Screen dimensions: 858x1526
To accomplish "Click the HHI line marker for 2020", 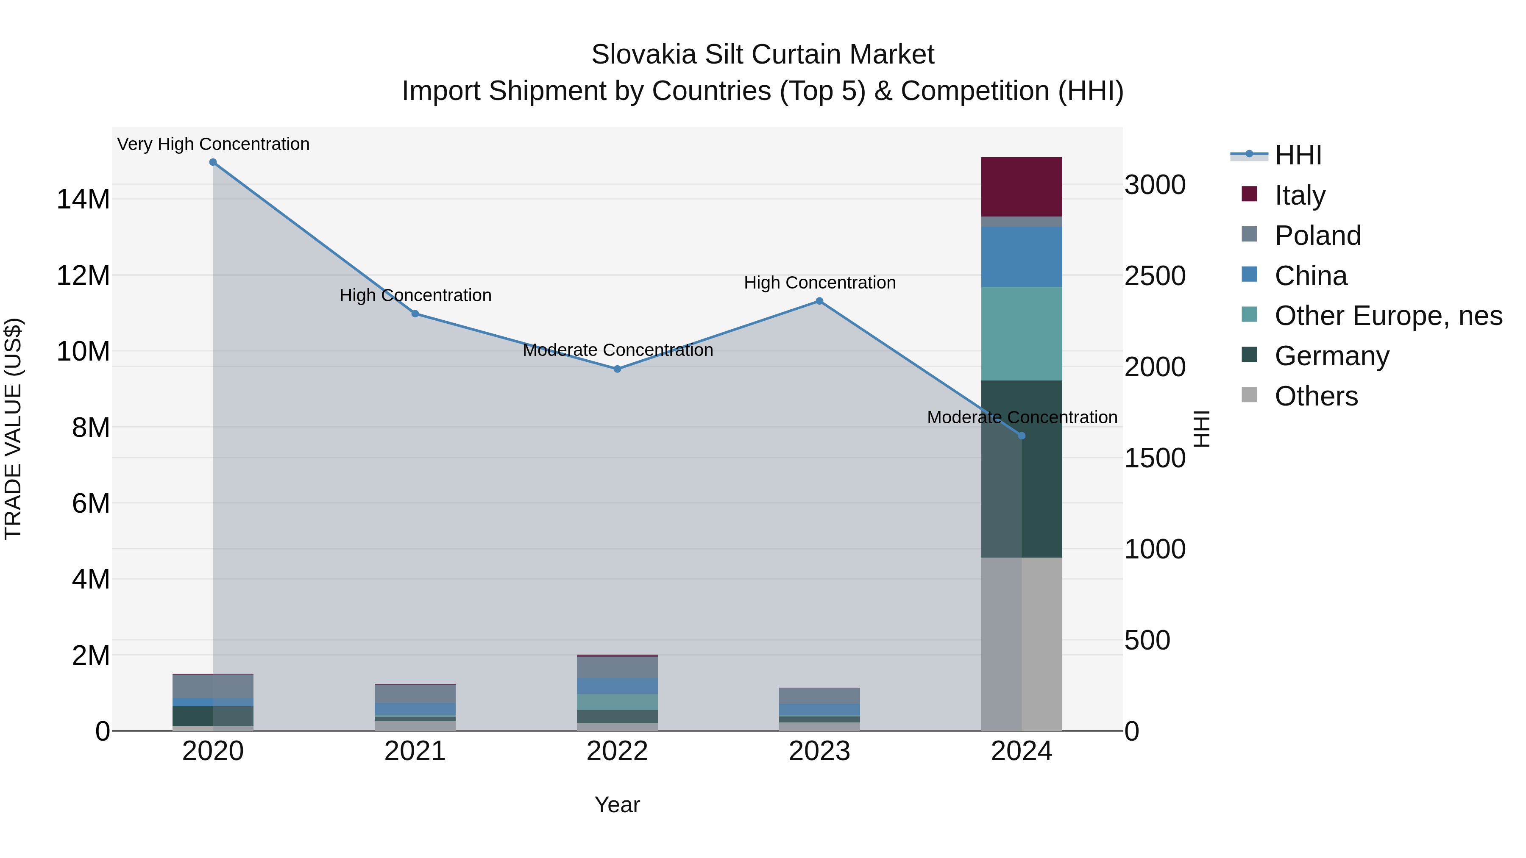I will pyautogui.click(x=213, y=162).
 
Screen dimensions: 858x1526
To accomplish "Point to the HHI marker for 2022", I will pyautogui.click(x=617, y=369).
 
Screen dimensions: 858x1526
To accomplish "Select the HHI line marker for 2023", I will pyautogui.click(x=819, y=301).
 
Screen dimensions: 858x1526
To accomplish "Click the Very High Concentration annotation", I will pyautogui.click(x=213, y=144).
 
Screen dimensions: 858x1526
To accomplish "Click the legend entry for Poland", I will pyautogui.click(x=1317, y=236).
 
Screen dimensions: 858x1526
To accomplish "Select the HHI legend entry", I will pyautogui.click(x=1298, y=155).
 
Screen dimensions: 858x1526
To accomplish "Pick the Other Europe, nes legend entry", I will pyautogui.click(x=1388, y=316).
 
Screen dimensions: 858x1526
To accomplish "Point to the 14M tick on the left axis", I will pyautogui.click(x=83, y=199).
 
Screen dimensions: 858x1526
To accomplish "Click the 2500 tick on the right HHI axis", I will pyautogui.click(x=1155, y=276).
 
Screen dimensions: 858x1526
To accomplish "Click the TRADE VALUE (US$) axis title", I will pyautogui.click(x=13, y=429).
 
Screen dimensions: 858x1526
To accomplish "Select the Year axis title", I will pyautogui.click(x=617, y=805).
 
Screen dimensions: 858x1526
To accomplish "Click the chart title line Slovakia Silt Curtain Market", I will pyautogui.click(x=763, y=55).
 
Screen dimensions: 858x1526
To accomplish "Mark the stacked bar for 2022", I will pyautogui.click(x=617, y=693).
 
